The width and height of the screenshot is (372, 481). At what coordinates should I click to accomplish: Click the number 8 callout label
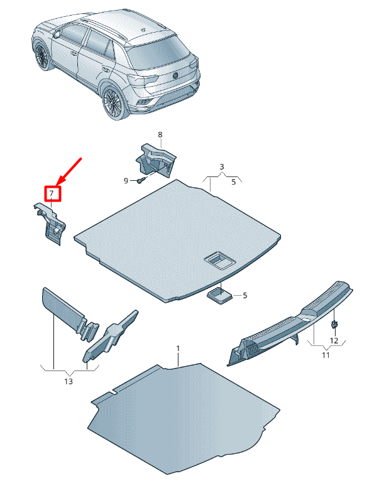(x=160, y=135)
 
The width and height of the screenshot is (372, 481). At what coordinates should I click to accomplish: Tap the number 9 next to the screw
(x=126, y=181)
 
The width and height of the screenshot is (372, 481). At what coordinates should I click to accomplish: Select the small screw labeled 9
(x=140, y=180)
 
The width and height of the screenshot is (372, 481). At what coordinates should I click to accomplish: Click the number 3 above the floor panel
(x=221, y=166)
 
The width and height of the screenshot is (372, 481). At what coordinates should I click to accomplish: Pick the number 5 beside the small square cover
(x=245, y=295)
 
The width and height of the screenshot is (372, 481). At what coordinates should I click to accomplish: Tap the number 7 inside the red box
(x=52, y=193)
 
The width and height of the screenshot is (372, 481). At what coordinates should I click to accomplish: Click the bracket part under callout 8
(x=157, y=161)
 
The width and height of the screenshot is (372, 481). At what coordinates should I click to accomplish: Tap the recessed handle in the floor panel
(x=217, y=259)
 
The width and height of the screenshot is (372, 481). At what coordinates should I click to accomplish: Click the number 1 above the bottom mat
(x=178, y=348)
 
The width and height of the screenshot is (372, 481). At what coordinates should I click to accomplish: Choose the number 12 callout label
(x=334, y=340)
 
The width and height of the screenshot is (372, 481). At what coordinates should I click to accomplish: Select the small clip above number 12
(x=334, y=324)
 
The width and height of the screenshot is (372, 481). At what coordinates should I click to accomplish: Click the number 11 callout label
(x=325, y=355)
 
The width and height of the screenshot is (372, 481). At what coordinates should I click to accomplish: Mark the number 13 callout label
(x=68, y=381)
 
